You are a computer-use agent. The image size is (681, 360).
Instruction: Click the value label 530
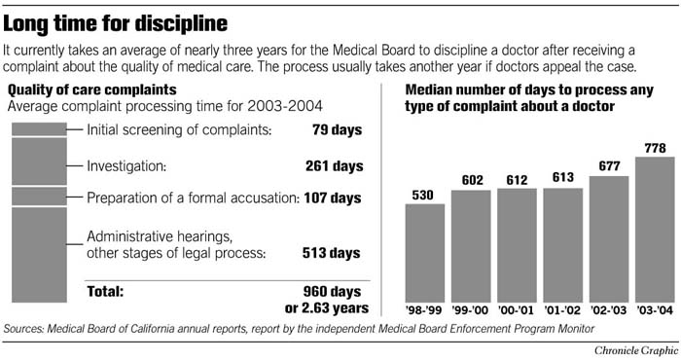tap(424, 195)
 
